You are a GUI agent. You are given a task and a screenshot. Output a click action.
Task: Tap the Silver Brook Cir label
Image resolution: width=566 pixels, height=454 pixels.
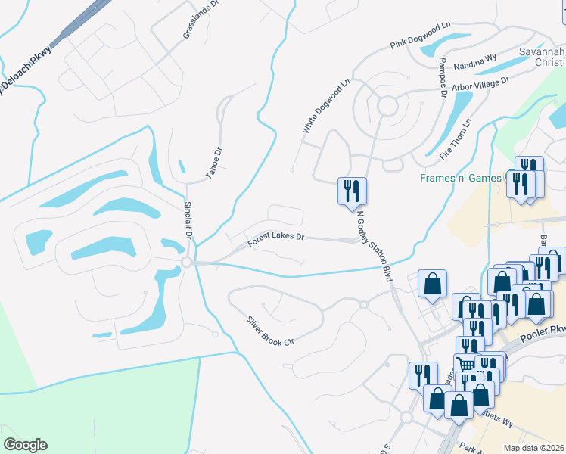(x=268, y=331)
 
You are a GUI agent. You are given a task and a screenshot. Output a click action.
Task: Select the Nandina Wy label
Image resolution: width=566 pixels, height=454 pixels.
(x=475, y=67)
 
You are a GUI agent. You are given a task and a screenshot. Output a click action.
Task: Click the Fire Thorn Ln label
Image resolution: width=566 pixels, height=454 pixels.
(x=456, y=138)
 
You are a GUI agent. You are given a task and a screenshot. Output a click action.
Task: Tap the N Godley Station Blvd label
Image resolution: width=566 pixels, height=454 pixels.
(x=374, y=246)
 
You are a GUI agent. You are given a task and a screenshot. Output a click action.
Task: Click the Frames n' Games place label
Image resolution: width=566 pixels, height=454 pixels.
(x=462, y=179)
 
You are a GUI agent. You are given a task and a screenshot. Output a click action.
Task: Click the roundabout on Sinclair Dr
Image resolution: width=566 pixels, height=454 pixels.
(x=186, y=262)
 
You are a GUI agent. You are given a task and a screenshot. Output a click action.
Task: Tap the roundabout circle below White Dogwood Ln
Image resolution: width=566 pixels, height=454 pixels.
(x=387, y=107)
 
